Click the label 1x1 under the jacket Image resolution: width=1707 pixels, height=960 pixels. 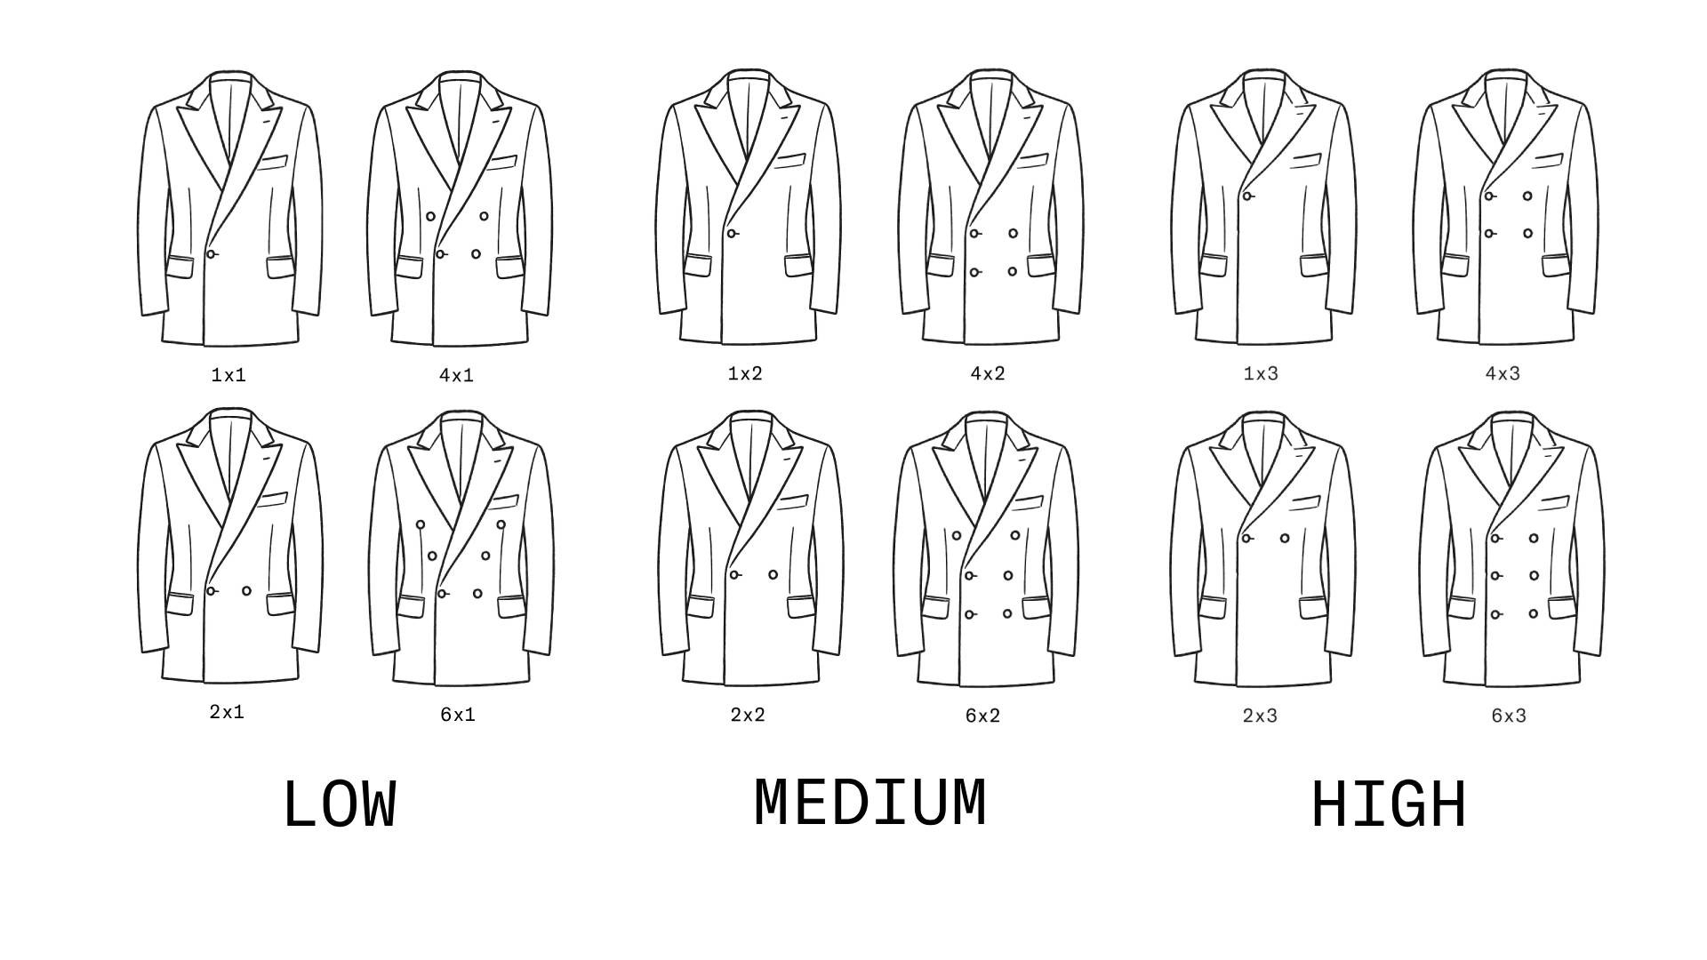(x=228, y=375)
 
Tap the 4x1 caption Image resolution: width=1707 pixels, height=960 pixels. (x=456, y=375)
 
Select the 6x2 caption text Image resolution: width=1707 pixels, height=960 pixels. (x=982, y=716)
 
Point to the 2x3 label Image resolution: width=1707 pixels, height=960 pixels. (x=1260, y=716)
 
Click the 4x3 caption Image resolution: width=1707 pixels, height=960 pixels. (x=1503, y=373)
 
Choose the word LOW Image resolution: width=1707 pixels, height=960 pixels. (x=339, y=805)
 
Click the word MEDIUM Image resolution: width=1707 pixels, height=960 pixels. (x=870, y=803)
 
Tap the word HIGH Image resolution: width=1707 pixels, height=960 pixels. (x=1388, y=805)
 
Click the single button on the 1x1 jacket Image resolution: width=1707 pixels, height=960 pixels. (x=212, y=254)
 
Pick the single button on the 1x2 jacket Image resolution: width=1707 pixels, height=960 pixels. (x=732, y=234)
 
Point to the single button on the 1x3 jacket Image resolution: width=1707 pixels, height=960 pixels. (x=1247, y=196)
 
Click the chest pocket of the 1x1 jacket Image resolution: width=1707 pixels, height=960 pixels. (x=273, y=163)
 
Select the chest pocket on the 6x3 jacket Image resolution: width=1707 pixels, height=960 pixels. (x=1554, y=503)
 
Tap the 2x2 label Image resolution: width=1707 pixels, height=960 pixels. (x=747, y=715)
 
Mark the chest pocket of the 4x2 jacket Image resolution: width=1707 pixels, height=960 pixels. (x=1032, y=162)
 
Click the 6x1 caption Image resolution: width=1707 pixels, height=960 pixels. (x=458, y=714)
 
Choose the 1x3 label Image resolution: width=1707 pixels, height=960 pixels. (x=1261, y=373)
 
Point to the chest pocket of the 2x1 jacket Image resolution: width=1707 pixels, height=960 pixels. (x=273, y=501)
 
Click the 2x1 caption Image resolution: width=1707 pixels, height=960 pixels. (x=227, y=712)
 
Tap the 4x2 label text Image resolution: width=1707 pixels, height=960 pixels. (x=987, y=373)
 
